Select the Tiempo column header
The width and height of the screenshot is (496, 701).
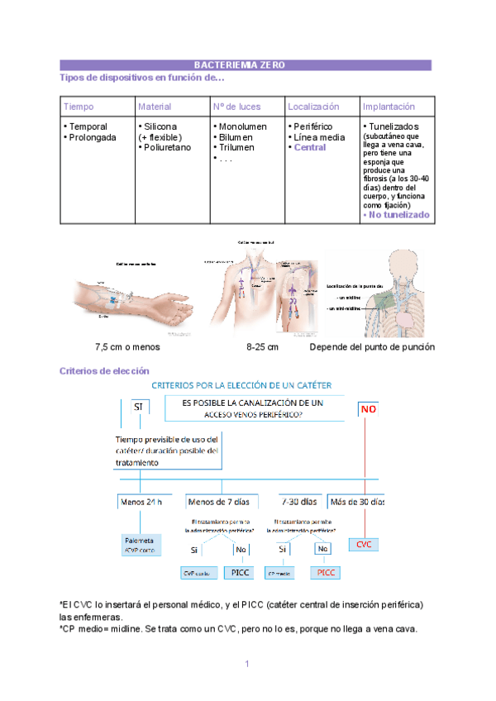tap(79, 107)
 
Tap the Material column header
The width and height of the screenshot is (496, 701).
tap(155, 107)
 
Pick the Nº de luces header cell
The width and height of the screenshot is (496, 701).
tap(236, 107)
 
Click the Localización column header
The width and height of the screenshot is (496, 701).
tap(313, 107)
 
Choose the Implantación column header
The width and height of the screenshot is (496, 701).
tap(389, 107)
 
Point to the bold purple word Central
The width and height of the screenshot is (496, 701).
tap(310, 148)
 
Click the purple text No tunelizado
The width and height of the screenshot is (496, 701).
tap(397, 215)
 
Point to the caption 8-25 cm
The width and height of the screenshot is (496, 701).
tap(262, 347)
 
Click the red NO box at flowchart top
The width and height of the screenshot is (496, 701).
tap(370, 408)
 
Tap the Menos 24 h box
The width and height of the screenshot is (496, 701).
tap(141, 502)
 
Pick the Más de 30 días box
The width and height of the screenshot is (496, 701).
tap(357, 502)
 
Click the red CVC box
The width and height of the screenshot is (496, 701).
tap(364, 546)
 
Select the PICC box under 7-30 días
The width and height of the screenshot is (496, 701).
tap(326, 572)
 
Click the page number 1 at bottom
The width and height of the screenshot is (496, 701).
tap(247, 664)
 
